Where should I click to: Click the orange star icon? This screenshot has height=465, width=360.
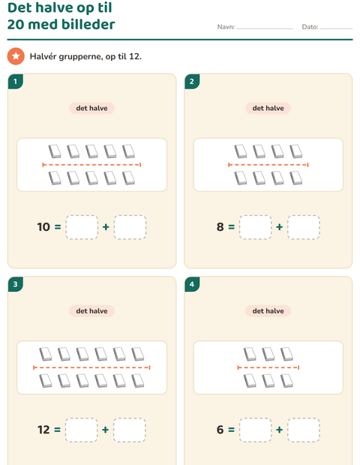click(16, 56)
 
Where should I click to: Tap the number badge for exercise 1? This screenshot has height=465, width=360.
click(16, 82)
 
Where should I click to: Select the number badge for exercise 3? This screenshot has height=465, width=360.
click(16, 284)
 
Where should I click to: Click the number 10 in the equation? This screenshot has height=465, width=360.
click(43, 226)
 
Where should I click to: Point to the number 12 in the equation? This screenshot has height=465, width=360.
click(43, 430)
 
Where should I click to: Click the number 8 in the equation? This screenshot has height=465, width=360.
click(220, 226)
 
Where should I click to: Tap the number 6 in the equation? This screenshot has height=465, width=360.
click(220, 430)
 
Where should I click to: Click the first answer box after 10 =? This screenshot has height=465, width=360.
click(82, 227)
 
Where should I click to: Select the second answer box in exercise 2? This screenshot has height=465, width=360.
click(304, 227)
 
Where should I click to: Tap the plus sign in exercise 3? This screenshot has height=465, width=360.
click(105, 430)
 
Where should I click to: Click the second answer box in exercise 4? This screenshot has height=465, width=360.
click(304, 430)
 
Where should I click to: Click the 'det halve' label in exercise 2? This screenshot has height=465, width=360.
click(268, 108)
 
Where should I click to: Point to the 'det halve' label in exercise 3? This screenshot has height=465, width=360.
click(91, 311)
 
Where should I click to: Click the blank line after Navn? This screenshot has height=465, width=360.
click(265, 28)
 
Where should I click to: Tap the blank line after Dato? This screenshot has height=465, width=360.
click(337, 28)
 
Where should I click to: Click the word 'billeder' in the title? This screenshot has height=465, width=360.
click(88, 24)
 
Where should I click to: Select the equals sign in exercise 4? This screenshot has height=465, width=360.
click(231, 430)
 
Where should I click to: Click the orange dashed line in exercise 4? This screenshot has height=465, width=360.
click(268, 367)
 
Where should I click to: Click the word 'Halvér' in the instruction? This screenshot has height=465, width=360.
click(43, 56)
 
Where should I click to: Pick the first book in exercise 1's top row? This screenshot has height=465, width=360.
click(55, 151)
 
